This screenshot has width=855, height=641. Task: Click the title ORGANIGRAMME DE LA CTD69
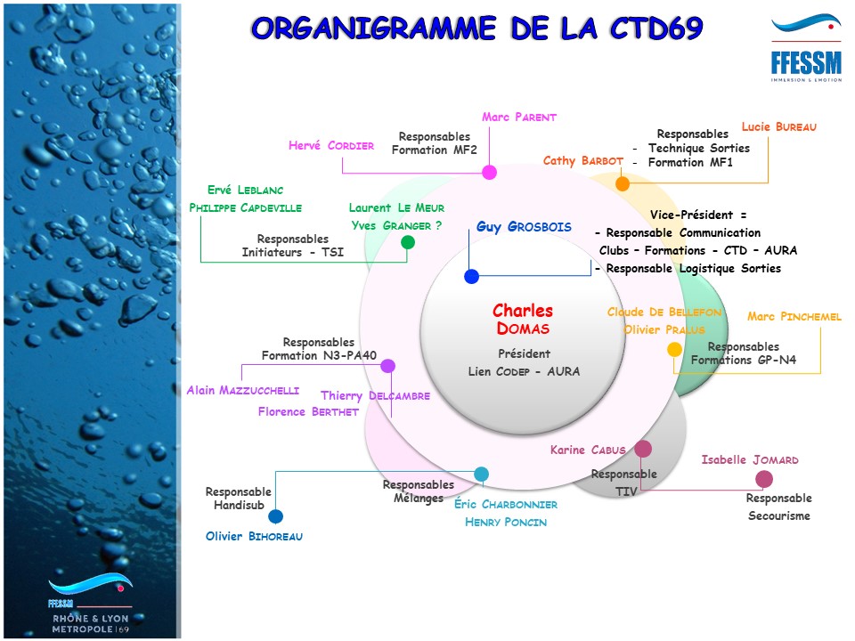click(476, 28)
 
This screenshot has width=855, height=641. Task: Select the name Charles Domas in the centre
click(523, 320)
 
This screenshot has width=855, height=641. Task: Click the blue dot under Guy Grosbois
click(472, 277)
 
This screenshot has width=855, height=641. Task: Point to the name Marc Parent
click(518, 117)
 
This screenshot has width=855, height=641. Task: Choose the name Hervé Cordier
click(330, 145)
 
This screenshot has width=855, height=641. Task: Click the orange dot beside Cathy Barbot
click(623, 184)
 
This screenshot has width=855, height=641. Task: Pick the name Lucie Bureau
click(778, 127)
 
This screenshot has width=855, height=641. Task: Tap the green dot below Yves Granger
click(408, 242)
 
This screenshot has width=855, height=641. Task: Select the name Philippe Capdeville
click(245, 207)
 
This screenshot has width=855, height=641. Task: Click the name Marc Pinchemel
click(794, 317)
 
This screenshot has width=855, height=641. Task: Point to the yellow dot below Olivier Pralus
click(675, 350)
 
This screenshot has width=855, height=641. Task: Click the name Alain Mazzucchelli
click(242, 390)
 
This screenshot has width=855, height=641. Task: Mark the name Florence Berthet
click(308, 411)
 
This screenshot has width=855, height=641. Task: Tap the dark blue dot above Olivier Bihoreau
click(276, 516)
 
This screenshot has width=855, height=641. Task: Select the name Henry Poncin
click(505, 523)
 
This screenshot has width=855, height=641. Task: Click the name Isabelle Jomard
click(749, 460)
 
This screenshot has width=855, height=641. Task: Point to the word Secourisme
click(779, 515)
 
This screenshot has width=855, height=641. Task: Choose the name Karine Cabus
click(588, 450)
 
